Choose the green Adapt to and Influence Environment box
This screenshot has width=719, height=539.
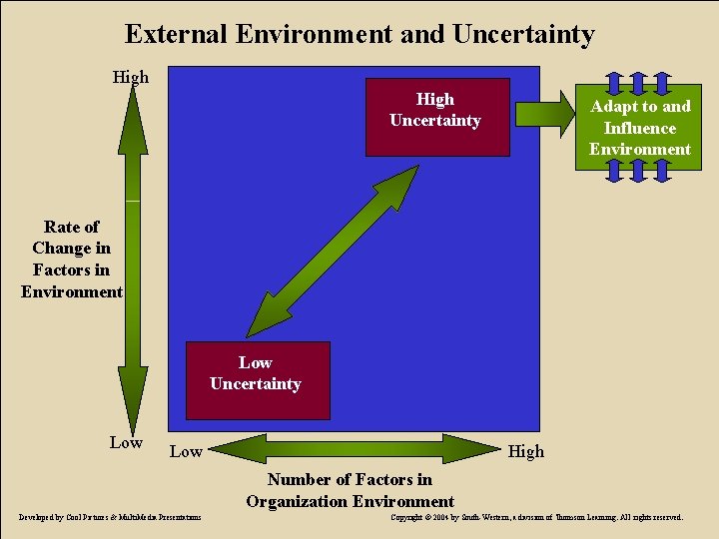click(x=639, y=128)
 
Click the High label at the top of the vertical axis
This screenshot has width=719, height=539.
click(x=130, y=77)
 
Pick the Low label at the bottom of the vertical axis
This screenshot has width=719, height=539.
click(x=126, y=442)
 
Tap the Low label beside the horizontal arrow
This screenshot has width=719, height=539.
click(x=186, y=451)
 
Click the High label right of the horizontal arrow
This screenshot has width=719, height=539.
click(x=526, y=451)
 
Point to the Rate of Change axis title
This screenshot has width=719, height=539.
click(x=71, y=260)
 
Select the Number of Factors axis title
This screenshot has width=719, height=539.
click(x=350, y=491)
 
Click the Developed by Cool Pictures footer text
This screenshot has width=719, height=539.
click(x=111, y=517)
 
